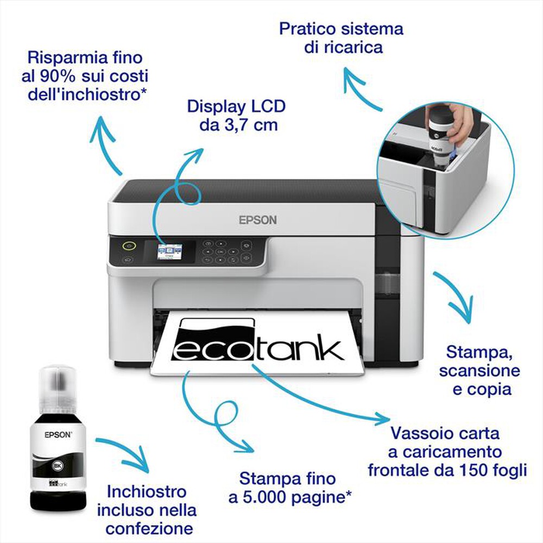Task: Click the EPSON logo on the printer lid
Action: pos(258,220)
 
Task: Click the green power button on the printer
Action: pos(128,245)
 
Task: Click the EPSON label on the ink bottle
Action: pos(58,434)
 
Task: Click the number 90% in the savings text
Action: pos(71,75)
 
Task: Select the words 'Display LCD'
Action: pos(236,106)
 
